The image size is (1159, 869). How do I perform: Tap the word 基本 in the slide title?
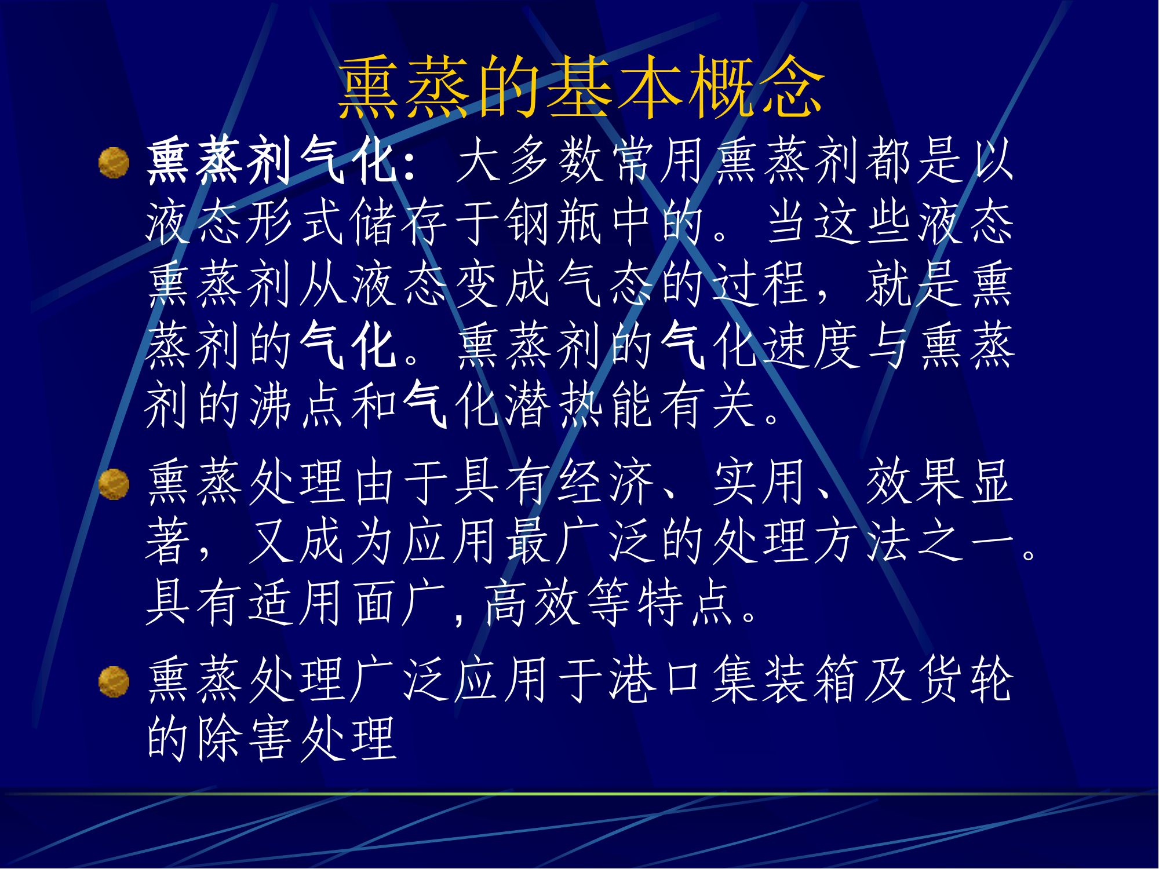click(x=615, y=87)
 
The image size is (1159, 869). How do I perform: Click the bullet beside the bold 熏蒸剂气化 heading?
click(x=114, y=162)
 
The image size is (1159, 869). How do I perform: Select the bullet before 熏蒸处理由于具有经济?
click(x=114, y=484)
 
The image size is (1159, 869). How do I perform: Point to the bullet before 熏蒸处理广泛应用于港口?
click(x=114, y=681)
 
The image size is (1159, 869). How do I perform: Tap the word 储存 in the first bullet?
click(x=399, y=222)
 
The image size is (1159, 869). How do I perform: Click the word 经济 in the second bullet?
click(x=606, y=482)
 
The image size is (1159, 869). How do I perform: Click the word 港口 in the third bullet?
click(x=657, y=680)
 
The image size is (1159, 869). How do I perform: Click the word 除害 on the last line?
click(x=246, y=739)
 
